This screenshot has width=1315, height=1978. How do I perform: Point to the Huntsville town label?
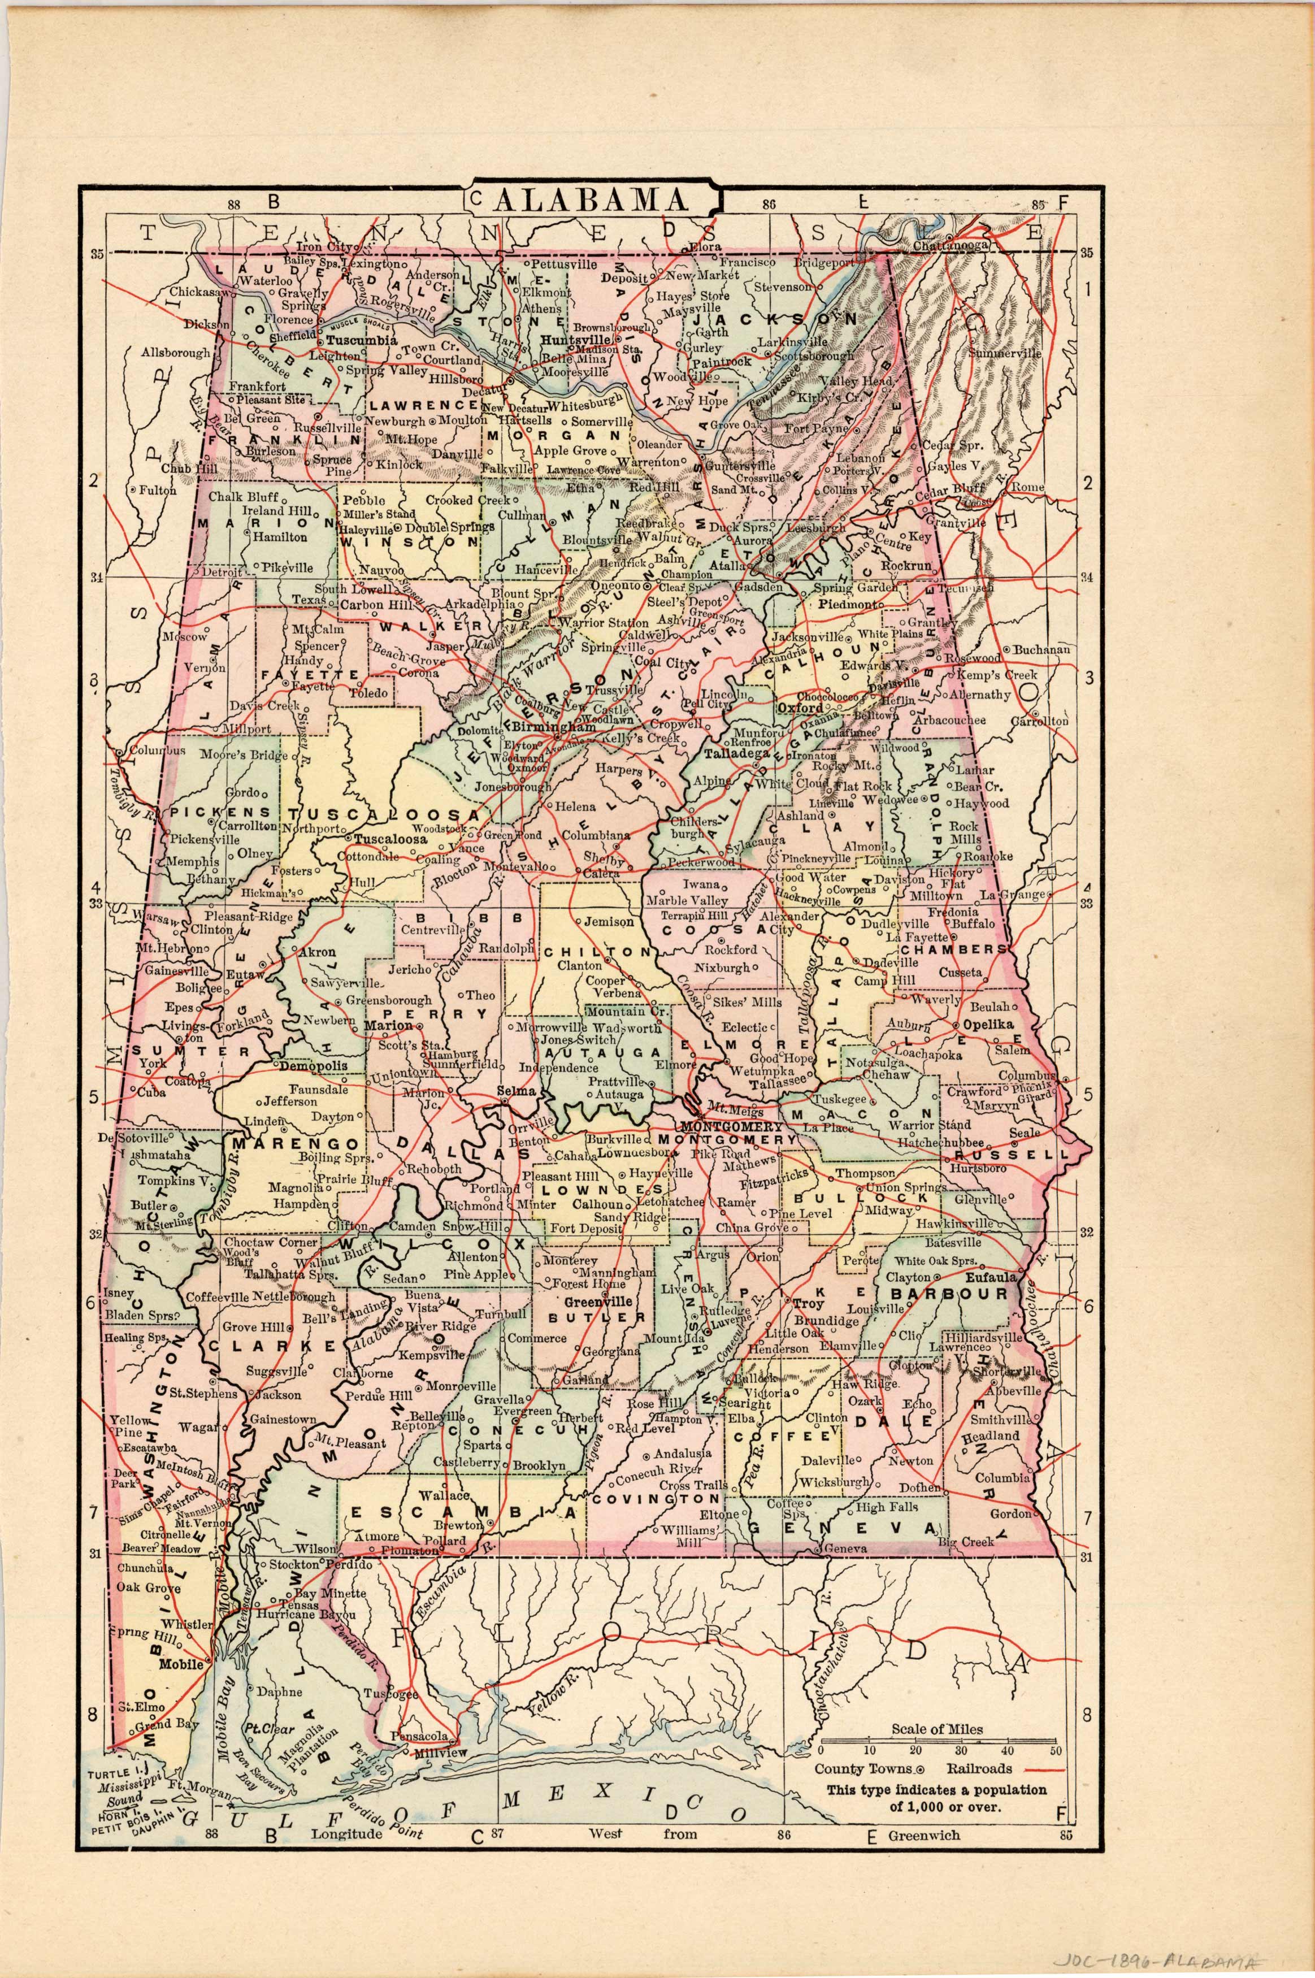pos(575,340)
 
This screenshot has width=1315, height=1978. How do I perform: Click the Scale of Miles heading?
pos(937,1729)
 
